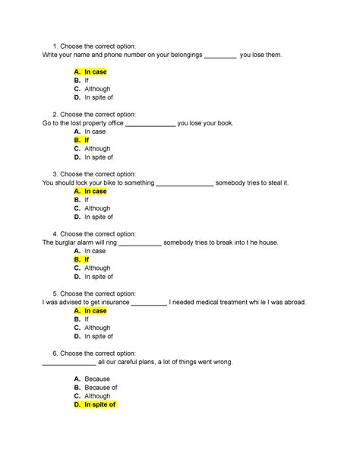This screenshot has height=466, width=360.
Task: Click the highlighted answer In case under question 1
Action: coord(95,72)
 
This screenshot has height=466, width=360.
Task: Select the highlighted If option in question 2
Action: coord(86,141)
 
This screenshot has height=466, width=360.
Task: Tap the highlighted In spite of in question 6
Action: coord(99,405)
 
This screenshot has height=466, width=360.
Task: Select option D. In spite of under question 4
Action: coord(98,277)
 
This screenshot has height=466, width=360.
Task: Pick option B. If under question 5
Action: coord(86,319)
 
